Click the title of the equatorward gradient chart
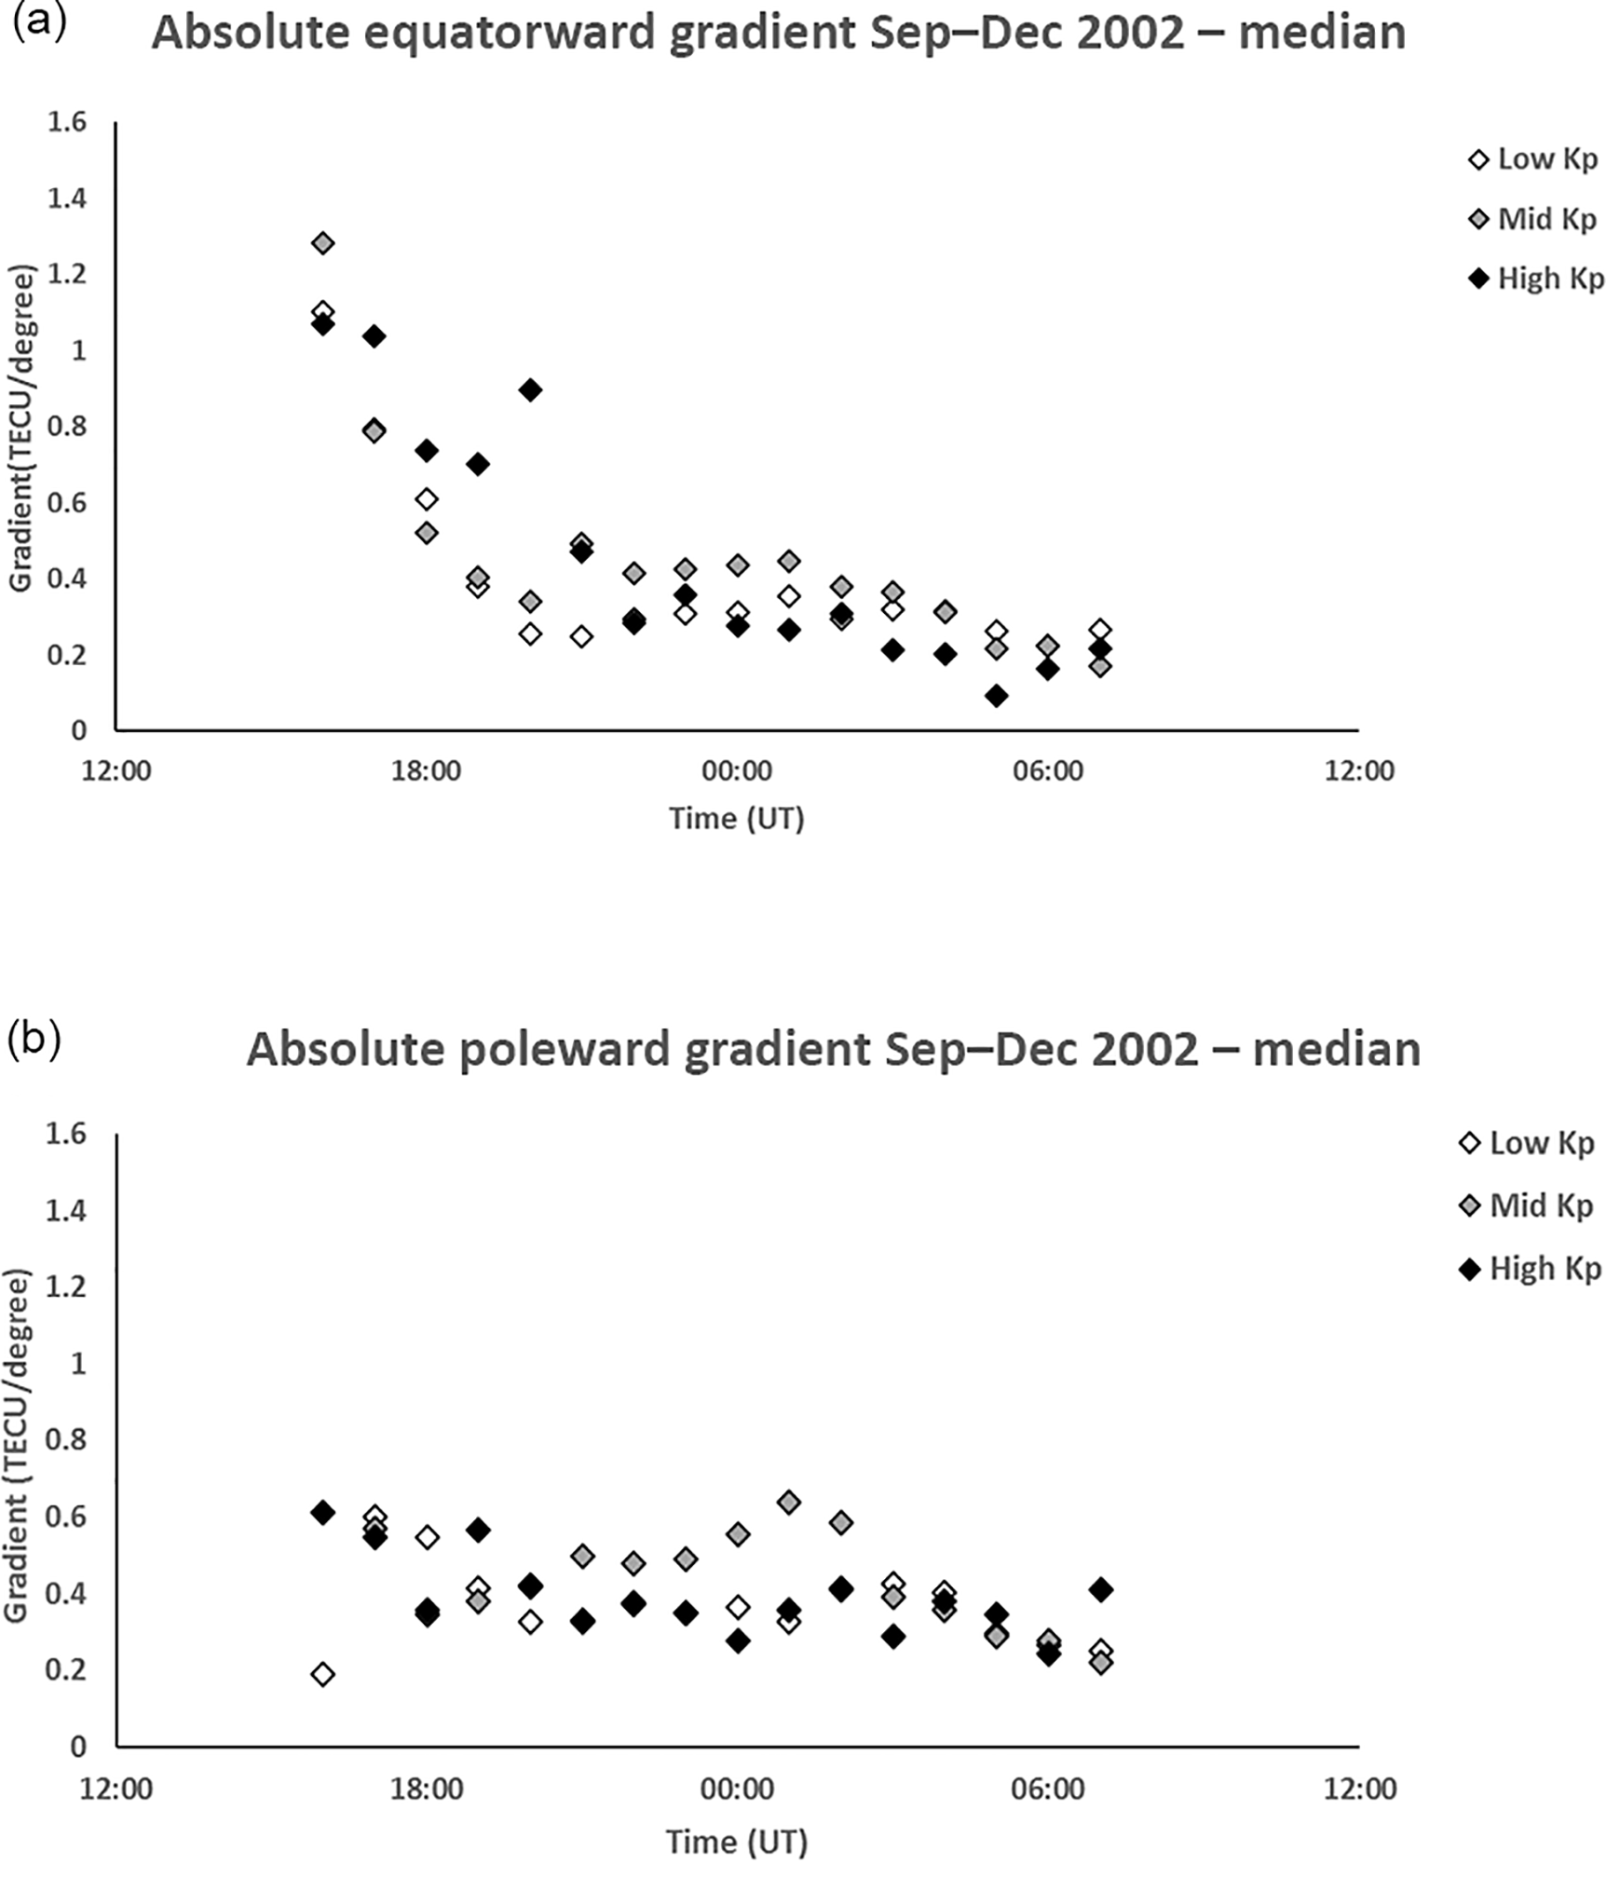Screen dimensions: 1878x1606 pos(779,34)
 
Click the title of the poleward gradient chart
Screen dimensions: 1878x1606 pos(833,1050)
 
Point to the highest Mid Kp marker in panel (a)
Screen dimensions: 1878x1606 pos(323,244)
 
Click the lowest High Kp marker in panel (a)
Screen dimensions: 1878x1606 pos(996,696)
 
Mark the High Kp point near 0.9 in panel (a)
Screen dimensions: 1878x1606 pos(530,390)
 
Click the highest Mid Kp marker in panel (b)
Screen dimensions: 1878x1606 pos(789,1503)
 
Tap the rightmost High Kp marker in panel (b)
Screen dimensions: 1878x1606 pos(1100,1590)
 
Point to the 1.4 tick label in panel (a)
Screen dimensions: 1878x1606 pos(66,198)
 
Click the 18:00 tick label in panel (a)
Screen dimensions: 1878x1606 pos(426,771)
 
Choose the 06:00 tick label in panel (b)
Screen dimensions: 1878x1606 pos(1048,1790)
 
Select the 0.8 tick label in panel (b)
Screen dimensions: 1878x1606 pos(66,1440)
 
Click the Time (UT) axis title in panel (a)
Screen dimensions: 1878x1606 pos(736,819)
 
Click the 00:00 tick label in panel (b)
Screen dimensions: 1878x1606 pos(737,1790)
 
